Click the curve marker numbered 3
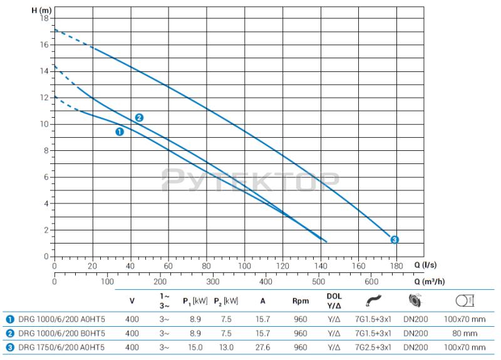394,240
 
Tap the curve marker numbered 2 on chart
139,118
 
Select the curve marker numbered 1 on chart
119,131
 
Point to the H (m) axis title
41,9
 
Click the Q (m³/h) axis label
429,281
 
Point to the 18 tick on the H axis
44,18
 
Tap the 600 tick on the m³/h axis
371,281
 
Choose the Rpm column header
300,301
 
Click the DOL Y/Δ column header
334,301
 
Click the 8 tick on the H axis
46,150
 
